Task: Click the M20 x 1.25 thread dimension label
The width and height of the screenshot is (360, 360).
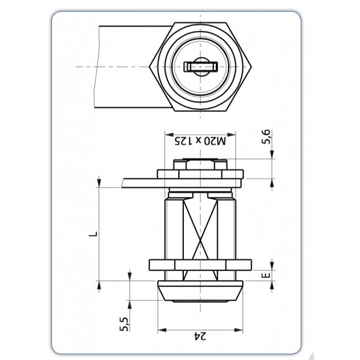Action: click(x=200, y=141)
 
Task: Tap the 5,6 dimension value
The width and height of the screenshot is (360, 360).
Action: click(x=266, y=137)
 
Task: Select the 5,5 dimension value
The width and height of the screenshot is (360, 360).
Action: click(x=124, y=324)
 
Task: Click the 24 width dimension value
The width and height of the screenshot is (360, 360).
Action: click(x=200, y=336)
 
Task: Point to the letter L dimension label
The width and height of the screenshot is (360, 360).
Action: click(x=94, y=234)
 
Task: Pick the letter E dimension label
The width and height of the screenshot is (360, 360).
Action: click(x=266, y=275)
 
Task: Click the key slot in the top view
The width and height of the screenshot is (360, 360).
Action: click(x=200, y=67)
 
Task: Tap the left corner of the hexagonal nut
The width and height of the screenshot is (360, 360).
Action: click(x=150, y=67)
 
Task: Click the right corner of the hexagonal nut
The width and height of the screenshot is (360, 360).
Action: click(x=251, y=67)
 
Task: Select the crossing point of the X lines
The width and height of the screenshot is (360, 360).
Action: click(x=200, y=241)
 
